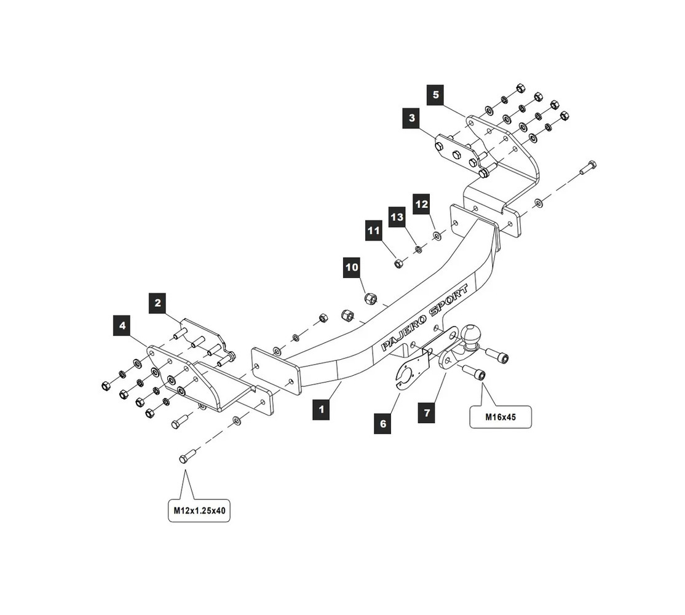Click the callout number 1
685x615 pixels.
tap(320, 410)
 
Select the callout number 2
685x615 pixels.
tap(158, 303)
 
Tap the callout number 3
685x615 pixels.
tap(411, 117)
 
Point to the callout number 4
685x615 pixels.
tap(122, 325)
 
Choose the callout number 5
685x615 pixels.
tap(436, 95)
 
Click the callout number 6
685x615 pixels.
tap(382, 424)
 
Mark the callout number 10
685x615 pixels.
tap(352, 268)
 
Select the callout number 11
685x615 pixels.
tap(374, 231)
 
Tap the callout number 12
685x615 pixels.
tap(421, 204)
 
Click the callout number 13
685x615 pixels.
tap(397, 217)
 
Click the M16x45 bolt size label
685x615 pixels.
tap(500, 417)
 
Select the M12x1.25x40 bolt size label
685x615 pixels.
tap(199, 510)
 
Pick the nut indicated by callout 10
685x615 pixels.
tap(371, 299)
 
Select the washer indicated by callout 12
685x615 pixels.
tap(437, 235)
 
